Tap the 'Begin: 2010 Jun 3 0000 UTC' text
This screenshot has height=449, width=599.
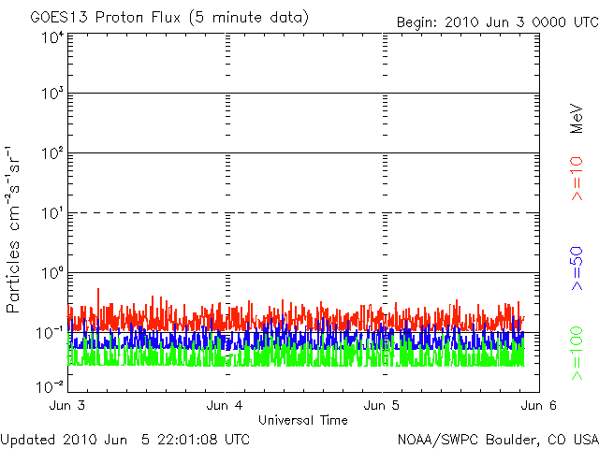(495, 22)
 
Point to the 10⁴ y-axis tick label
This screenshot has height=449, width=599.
(51, 36)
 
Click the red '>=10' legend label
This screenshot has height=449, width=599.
(577, 179)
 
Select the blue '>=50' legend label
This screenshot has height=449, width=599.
(577, 268)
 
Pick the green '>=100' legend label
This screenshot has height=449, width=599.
(577, 353)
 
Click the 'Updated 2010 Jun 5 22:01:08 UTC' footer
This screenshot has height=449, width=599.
(125, 438)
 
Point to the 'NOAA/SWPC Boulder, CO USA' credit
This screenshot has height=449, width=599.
(497, 438)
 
